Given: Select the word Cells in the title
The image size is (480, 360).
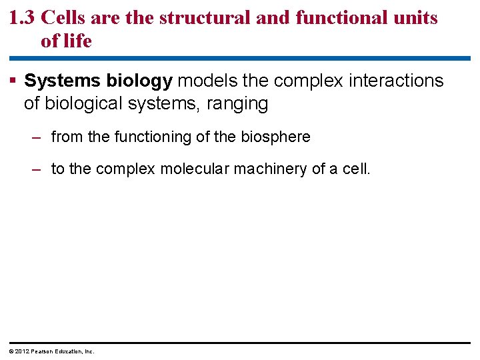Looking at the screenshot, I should (x=64, y=18).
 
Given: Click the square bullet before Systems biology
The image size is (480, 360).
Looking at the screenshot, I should (x=13, y=81).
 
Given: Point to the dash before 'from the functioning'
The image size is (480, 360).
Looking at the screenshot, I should (x=38, y=137).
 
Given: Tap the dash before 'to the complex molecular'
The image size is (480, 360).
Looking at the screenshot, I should (x=38, y=169).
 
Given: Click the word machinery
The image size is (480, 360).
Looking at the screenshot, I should (x=273, y=169).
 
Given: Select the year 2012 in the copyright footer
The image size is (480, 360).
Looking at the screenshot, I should (x=21, y=351).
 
